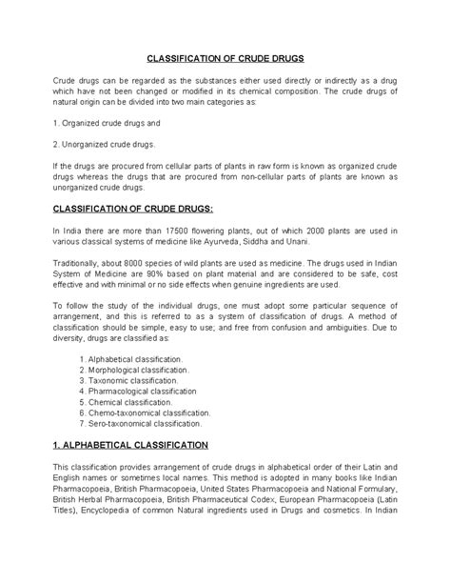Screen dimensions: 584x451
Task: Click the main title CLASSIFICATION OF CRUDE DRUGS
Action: pos(225,57)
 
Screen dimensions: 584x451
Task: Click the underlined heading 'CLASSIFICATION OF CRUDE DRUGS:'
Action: pos(132,207)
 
